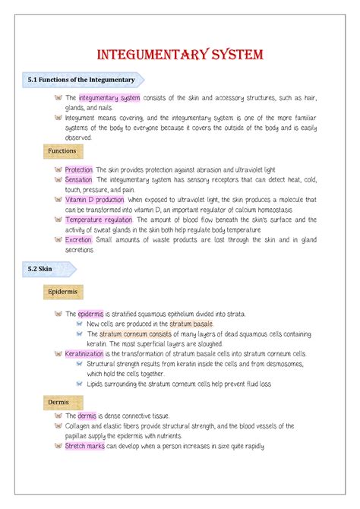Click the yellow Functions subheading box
click(62, 151)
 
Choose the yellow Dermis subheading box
click(58, 401)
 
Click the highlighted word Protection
click(78, 169)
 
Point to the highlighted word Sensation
click(78, 179)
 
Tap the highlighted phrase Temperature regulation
click(98, 220)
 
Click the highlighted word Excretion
click(78, 239)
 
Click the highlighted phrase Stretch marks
click(85, 447)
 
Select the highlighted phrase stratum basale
click(191, 324)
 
